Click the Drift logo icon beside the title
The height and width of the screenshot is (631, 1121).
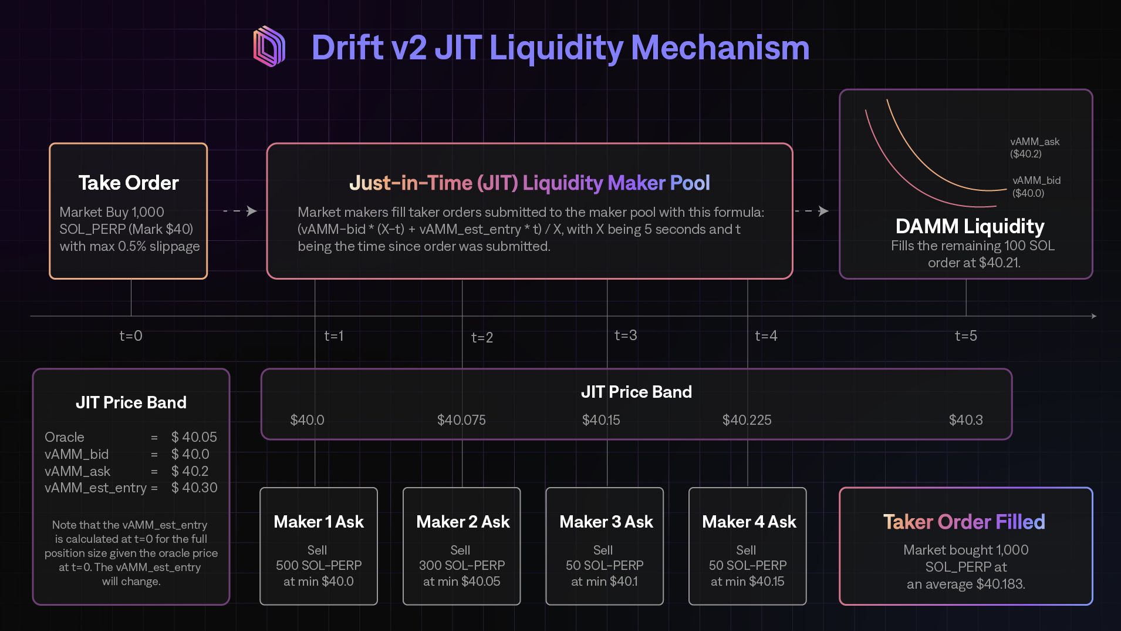[x=269, y=46]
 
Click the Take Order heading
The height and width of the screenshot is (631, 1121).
[x=129, y=183]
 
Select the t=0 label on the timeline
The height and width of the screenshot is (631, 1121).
[x=131, y=335]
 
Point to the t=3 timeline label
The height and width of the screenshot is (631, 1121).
[x=626, y=335]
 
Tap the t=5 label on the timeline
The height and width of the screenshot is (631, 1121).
[x=965, y=335]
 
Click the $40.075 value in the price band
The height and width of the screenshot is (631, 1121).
[x=461, y=420]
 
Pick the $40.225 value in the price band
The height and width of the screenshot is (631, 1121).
[x=747, y=420]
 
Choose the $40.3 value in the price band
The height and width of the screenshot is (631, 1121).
[x=965, y=420]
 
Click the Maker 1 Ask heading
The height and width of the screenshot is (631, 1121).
[x=319, y=522]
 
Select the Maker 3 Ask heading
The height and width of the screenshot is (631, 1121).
[x=606, y=522]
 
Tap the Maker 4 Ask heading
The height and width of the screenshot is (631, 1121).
[x=749, y=522]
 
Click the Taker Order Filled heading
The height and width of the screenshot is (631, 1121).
[x=964, y=522]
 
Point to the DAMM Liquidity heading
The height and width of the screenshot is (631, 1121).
[x=970, y=226]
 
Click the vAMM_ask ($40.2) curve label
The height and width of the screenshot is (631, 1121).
[x=1034, y=147]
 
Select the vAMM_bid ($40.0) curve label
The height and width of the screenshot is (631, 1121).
[x=1036, y=187]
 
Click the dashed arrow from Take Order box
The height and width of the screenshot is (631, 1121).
[x=240, y=211]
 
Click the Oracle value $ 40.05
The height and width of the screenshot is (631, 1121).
[x=194, y=437]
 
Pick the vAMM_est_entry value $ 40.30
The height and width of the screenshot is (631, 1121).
[x=194, y=488]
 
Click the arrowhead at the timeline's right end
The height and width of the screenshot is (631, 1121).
[x=1093, y=316]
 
